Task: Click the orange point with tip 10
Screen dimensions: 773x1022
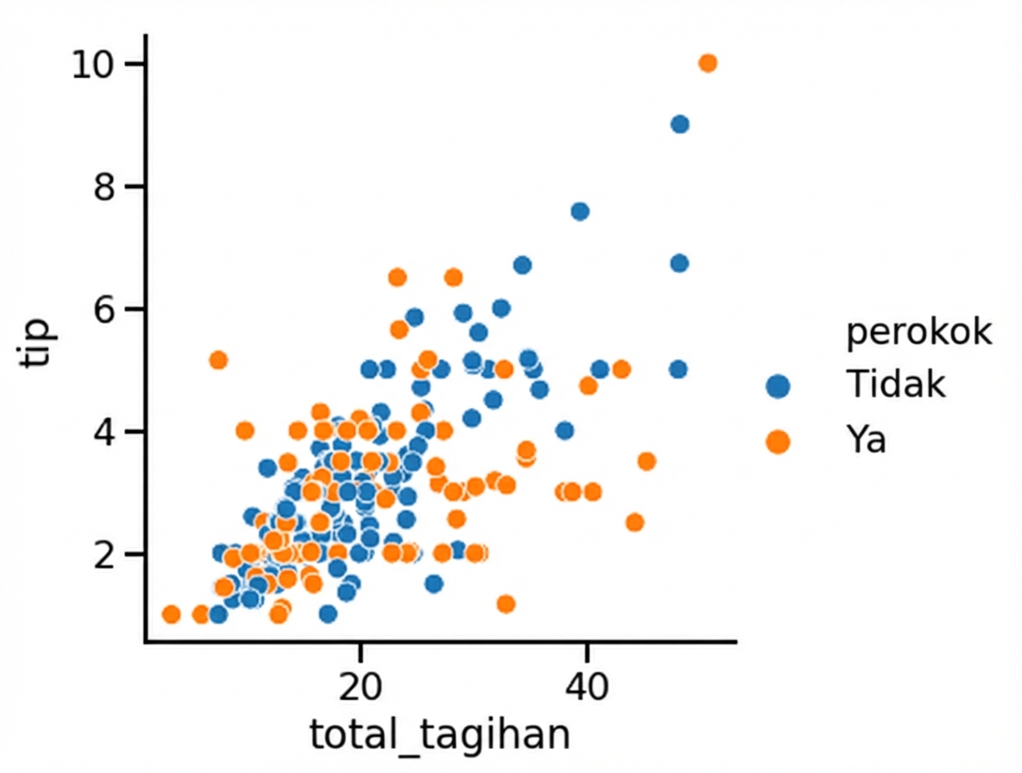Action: [x=708, y=63]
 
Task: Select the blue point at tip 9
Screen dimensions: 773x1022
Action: [x=679, y=124]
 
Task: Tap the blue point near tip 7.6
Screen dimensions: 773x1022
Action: [x=580, y=211]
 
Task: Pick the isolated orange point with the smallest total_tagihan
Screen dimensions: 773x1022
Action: [x=171, y=614]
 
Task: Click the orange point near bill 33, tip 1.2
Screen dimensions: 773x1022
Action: [x=506, y=604]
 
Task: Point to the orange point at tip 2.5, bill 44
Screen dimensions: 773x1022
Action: [x=635, y=522]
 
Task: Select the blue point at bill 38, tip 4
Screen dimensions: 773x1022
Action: [x=565, y=430]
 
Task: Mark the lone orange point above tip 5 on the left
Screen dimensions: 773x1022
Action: [x=218, y=360]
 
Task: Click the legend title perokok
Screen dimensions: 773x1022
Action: [x=918, y=333]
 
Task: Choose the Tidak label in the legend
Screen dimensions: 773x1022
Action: [x=896, y=385]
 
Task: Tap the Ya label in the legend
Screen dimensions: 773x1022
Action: [x=867, y=441]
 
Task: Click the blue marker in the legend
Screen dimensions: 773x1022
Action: [x=778, y=386]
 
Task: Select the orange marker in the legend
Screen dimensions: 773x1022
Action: [x=778, y=442]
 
